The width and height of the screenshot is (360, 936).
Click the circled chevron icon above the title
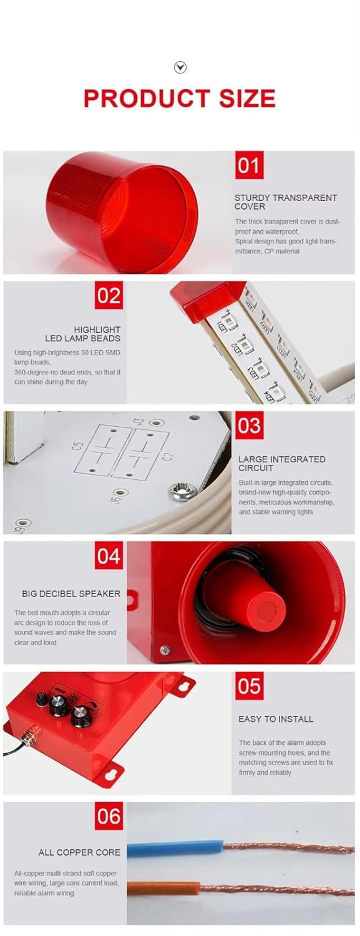tap(180, 67)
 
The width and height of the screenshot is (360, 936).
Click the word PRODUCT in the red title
tap(147, 99)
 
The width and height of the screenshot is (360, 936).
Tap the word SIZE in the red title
tap(247, 99)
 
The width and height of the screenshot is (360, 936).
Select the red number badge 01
tap(249, 165)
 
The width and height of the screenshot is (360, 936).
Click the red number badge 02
tap(109, 295)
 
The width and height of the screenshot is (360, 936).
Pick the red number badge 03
tap(249, 425)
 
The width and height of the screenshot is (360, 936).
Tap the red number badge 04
tap(109, 555)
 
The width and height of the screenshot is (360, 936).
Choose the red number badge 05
tap(249, 686)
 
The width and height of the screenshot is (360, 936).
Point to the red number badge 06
tap(109, 816)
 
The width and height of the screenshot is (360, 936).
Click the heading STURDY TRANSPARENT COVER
tap(286, 202)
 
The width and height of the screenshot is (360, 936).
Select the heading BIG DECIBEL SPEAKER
tap(71, 593)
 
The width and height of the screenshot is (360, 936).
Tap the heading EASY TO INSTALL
tap(276, 719)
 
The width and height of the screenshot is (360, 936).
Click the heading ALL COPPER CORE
tap(79, 852)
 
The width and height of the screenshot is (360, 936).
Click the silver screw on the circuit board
tap(182, 489)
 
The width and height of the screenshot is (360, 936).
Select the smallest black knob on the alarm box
tap(41, 699)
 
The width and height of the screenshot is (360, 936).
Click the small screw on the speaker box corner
tap(165, 650)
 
